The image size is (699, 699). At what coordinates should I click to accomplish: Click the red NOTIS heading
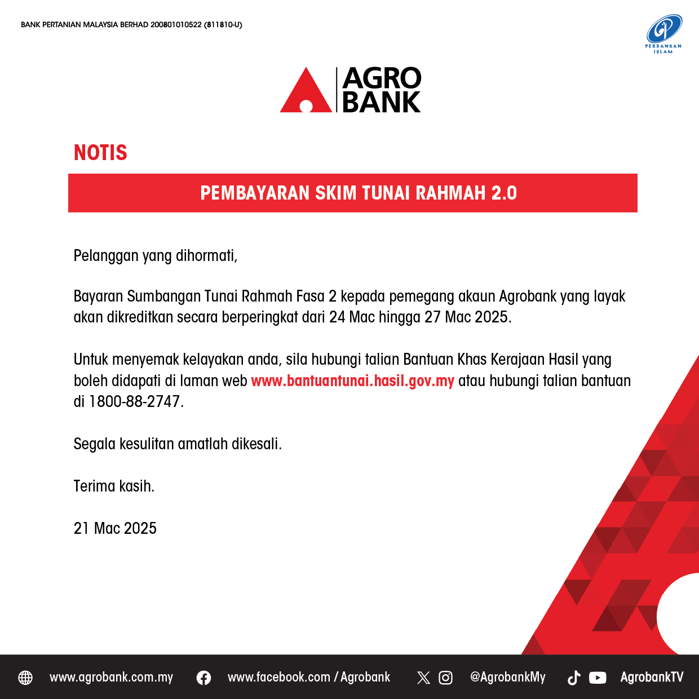(100, 152)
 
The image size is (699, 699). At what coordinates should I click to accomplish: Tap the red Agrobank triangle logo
(306, 90)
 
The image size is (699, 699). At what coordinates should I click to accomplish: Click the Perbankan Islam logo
(663, 34)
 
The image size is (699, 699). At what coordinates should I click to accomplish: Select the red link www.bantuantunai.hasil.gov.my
(352, 381)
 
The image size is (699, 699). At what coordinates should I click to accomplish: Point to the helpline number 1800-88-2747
(134, 402)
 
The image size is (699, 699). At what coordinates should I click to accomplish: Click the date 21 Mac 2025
(115, 528)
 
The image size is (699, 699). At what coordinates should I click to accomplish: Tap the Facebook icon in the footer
(203, 678)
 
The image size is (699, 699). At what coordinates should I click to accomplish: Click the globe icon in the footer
(25, 678)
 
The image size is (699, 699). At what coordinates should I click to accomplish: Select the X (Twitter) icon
(423, 678)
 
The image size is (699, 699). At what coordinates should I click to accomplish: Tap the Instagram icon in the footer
(445, 678)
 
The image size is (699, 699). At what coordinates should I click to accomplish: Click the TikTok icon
(574, 678)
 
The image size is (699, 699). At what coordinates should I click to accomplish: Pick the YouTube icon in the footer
(598, 678)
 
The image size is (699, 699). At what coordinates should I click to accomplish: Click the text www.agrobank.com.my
(112, 677)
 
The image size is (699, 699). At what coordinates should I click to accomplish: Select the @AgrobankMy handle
(508, 677)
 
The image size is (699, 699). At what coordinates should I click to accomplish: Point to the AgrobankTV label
(652, 677)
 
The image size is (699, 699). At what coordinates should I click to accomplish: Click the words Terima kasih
(114, 486)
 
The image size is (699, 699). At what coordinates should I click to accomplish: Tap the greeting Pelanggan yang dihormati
(155, 256)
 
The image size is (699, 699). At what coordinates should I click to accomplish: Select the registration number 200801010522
(176, 25)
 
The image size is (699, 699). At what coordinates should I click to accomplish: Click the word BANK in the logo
(381, 102)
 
